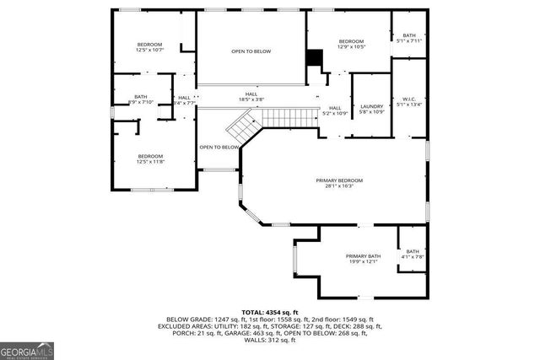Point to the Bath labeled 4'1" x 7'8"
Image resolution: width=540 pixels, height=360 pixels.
point(412,254)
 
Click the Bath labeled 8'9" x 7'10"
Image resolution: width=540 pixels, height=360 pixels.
point(141,100)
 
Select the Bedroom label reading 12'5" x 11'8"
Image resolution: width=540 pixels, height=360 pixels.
point(150,159)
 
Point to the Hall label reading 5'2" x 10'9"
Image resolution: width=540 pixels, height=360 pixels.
point(335,110)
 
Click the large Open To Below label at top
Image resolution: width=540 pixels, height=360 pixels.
point(251,51)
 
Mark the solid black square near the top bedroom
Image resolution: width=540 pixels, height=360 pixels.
point(314,58)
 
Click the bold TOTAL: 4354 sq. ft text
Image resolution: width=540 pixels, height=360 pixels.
point(270,312)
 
